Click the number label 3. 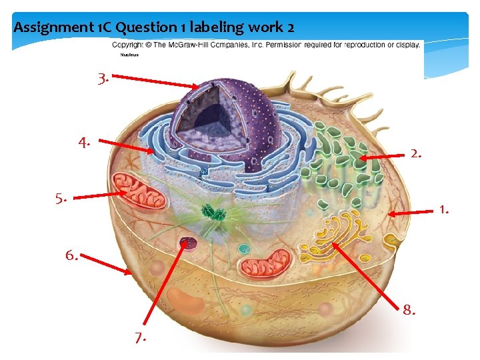[x=103, y=79]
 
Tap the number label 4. [x=84, y=142]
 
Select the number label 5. [x=62, y=198]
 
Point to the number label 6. [x=71, y=255]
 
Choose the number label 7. [x=140, y=338]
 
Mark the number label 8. [x=409, y=309]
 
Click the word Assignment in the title [x=45, y=27]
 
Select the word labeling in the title [x=215, y=27]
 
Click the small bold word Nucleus [x=121, y=55]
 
